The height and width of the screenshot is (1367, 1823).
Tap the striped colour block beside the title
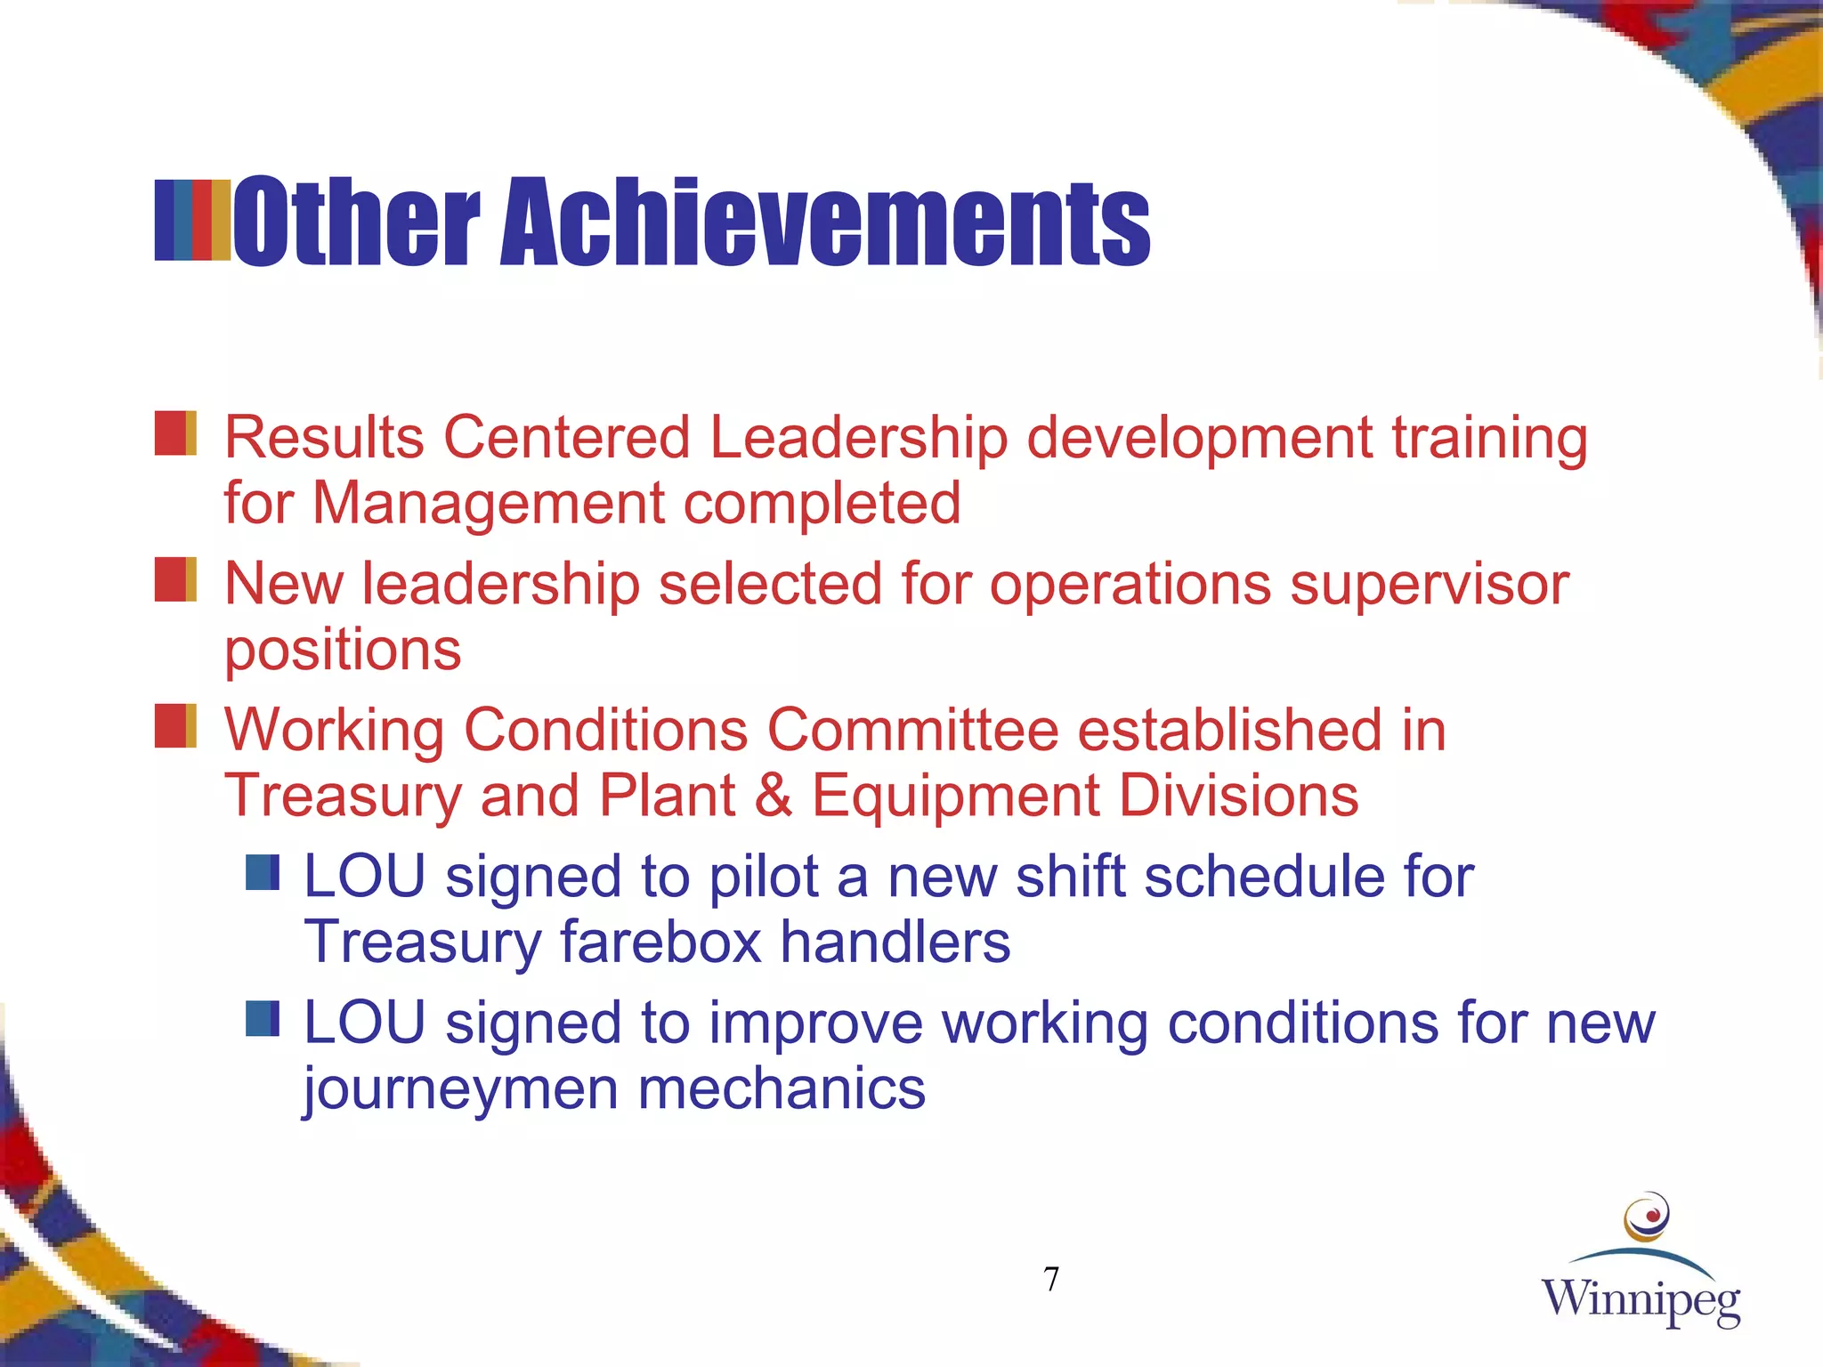point(192,221)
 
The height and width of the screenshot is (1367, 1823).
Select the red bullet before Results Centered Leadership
point(175,433)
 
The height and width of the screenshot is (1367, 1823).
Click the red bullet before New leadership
point(175,579)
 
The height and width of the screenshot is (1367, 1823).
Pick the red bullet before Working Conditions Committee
point(175,725)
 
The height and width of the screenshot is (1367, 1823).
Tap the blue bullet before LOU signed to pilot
point(263,873)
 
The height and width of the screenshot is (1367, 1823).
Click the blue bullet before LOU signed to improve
point(263,1019)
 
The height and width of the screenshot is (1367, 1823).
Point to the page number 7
point(1051,1280)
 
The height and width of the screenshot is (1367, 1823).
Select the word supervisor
point(1430,585)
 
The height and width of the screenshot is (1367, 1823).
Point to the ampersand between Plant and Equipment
point(774,795)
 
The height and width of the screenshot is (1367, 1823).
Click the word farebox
point(660,942)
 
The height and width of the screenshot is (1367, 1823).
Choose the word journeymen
point(460,1089)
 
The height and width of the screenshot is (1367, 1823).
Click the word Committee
point(912,730)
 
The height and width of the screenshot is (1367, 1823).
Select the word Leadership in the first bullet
point(858,438)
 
